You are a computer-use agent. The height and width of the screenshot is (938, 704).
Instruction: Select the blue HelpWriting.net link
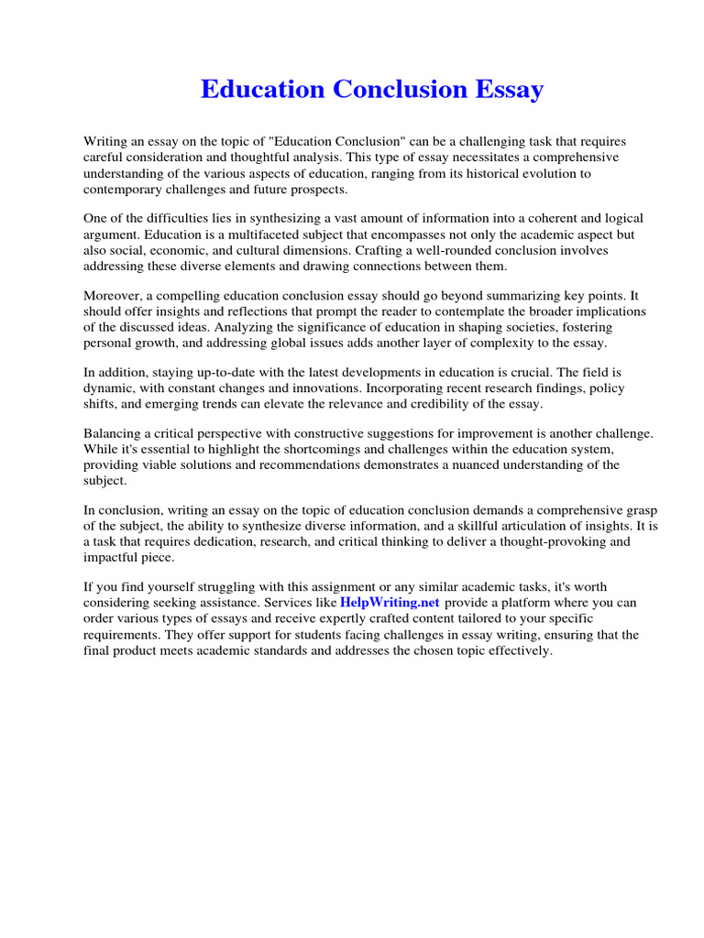pyautogui.click(x=390, y=603)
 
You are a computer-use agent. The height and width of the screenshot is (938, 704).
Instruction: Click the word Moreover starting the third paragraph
pyautogui.click(x=114, y=295)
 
